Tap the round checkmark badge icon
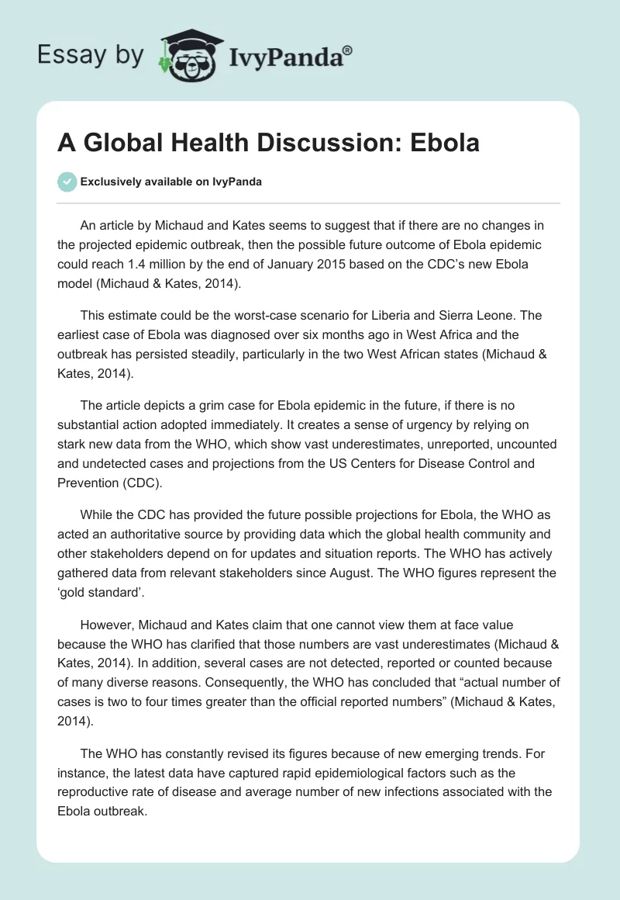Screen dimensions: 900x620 [x=67, y=182]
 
